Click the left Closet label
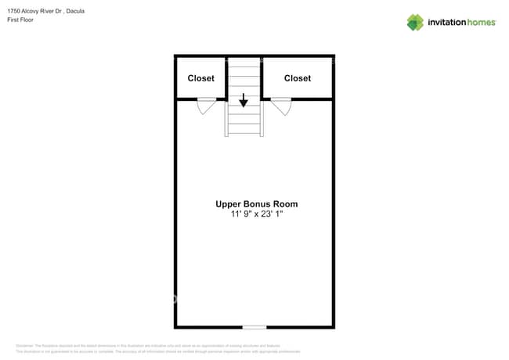201,78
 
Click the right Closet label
298,78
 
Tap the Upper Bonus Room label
256,204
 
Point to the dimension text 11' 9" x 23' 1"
256,214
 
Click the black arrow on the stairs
244,100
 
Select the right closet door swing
281,106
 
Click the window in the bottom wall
254,326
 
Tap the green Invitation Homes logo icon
415,22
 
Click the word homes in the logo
482,23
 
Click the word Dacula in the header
76,12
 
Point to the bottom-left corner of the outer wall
175,326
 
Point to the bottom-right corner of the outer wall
333,326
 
